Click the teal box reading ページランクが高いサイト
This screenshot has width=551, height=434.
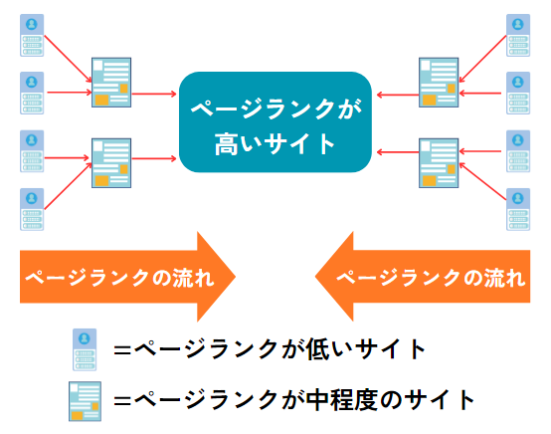275,122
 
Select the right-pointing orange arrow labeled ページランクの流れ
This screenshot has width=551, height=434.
127,277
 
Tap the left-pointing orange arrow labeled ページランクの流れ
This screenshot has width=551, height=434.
423,277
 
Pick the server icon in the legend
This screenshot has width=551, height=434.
85,349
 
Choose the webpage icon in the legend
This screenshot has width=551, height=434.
86,401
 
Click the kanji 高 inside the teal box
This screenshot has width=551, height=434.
227,144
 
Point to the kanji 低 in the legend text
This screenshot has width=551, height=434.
317,349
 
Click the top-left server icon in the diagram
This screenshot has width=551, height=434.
32,35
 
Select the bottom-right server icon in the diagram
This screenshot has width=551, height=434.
518,209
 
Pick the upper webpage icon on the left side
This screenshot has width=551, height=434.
111,83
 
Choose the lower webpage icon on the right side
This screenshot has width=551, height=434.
439,163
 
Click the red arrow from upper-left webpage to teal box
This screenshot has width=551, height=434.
154,94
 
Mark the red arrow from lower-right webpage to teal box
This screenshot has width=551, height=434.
398,152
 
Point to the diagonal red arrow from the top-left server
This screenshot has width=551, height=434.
68,59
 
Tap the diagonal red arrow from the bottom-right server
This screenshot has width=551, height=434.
482,182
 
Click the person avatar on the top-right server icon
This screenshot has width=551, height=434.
518,24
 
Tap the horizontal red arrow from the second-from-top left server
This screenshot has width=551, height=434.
70,93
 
